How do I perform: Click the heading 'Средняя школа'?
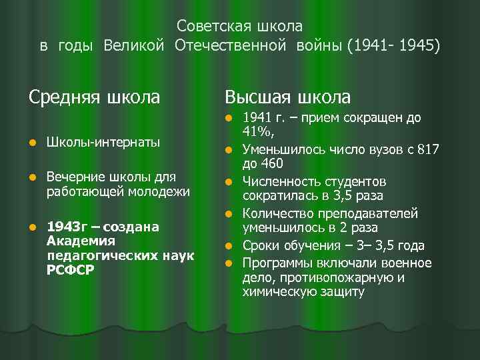point(94,97)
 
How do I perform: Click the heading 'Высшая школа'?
point(287,97)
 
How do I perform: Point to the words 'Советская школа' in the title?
point(240,27)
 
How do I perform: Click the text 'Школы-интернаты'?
point(103,142)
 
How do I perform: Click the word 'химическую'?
point(275,291)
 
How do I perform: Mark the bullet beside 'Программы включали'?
point(228,263)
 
